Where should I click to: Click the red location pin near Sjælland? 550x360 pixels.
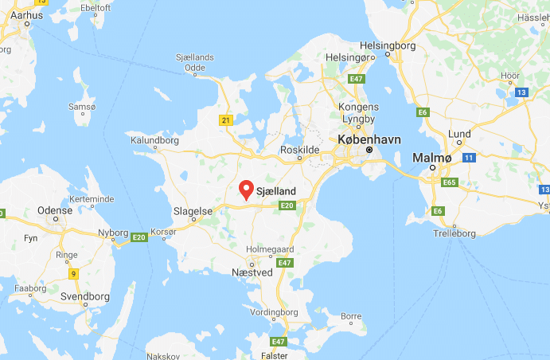coord(247,189)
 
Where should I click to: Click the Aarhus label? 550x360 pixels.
coord(27,14)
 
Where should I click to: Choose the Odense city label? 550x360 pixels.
coord(55,210)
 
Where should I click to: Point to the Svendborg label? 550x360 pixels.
coord(85,296)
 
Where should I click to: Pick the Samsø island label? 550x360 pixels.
coord(83,107)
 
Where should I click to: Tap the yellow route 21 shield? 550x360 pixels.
coord(225,119)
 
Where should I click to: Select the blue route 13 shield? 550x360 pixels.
coord(521,93)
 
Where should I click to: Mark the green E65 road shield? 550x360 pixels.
coord(451,182)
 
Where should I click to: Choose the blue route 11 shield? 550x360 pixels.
coord(469,158)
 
